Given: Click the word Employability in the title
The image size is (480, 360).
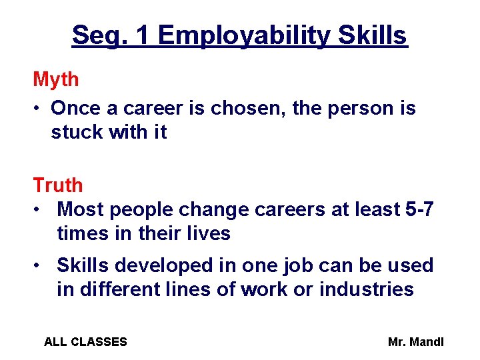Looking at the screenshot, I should pyautogui.click(x=244, y=35).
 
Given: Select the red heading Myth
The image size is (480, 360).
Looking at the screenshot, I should pyautogui.click(x=56, y=80).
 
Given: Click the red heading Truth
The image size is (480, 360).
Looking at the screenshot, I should pyautogui.click(x=58, y=185).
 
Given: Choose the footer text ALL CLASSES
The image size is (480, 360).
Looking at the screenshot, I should pyautogui.click(x=85, y=342).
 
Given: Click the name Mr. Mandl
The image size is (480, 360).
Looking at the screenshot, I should pyautogui.click(x=415, y=342).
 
